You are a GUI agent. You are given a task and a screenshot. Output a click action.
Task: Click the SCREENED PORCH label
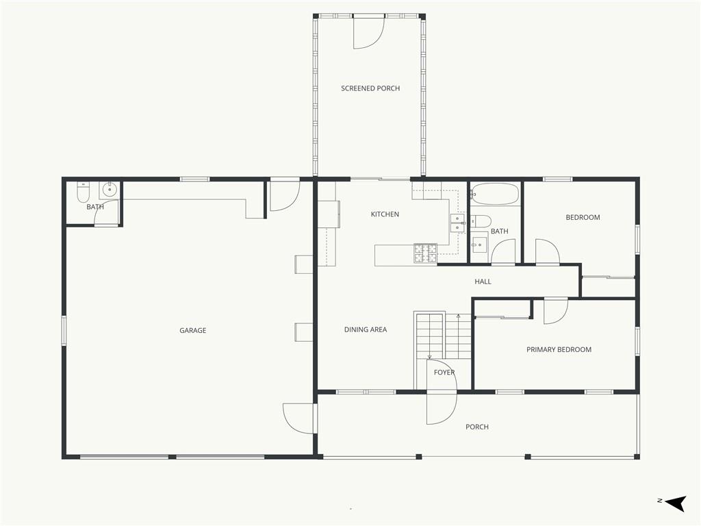[370, 88]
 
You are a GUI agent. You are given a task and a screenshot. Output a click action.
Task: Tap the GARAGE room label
[192, 331]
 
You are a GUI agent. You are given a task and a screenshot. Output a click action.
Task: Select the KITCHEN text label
[385, 214]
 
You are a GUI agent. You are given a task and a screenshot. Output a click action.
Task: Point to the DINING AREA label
[366, 329]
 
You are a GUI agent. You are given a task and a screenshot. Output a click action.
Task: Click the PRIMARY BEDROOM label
[559, 349]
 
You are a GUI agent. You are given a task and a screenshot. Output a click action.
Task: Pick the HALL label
[483, 281]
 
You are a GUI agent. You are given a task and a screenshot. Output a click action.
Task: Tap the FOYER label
[444, 372]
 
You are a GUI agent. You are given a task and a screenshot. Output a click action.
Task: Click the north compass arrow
[675, 503]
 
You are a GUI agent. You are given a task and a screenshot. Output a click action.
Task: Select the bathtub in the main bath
[495, 194]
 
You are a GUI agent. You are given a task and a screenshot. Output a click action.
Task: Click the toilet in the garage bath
[83, 192]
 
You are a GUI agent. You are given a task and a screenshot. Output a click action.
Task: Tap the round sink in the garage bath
[109, 190]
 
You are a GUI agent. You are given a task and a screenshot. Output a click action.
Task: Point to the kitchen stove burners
[425, 253]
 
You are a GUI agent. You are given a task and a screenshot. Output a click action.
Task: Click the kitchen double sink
[457, 223]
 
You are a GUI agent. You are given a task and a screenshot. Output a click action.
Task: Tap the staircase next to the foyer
[444, 336]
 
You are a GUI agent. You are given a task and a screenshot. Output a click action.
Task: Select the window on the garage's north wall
[64, 330]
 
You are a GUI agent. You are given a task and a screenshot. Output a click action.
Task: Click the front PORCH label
[477, 427]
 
